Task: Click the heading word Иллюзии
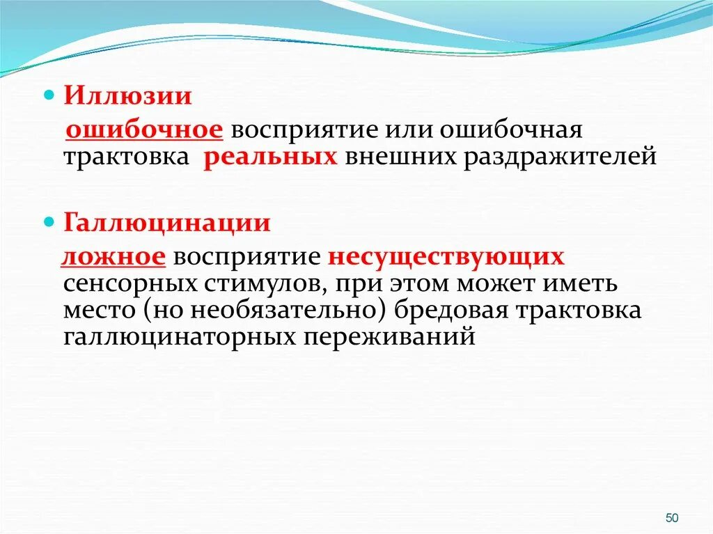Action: coord(128,95)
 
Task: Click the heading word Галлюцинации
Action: coord(168,223)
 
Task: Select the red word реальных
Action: coord(271,156)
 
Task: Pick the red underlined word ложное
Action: coord(113,258)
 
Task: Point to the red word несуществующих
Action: coord(446,258)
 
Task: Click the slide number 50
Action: coord(672,517)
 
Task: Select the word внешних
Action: coord(397,156)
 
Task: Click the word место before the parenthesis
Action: coord(92,311)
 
